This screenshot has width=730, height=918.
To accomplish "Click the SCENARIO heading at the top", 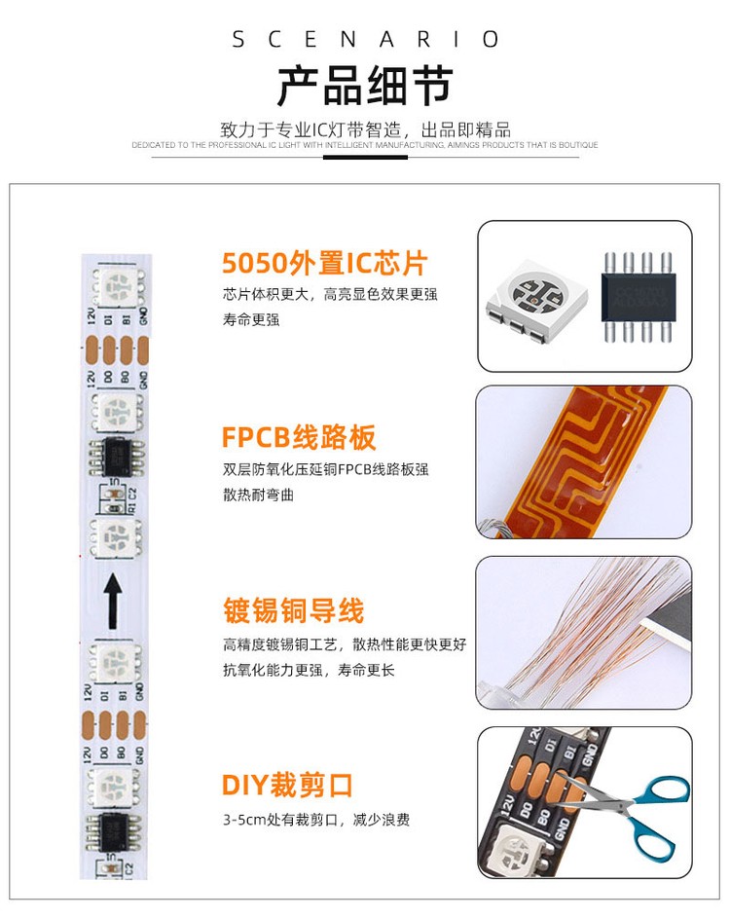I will point(365,40).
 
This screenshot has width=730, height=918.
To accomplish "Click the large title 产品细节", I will point(365,87).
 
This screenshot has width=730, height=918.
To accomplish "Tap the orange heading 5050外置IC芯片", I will point(324,263).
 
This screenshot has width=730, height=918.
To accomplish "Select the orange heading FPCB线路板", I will point(299,437).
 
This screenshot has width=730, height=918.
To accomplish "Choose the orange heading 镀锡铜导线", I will point(292,611).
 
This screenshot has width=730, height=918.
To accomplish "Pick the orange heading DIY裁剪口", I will point(287,785).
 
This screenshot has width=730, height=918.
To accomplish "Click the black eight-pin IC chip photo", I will point(639,291).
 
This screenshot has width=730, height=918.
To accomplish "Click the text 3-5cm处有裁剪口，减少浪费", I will point(316,820).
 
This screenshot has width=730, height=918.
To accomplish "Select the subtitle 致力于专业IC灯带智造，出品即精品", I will point(365,129).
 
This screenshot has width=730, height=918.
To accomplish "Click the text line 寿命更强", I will point(251,319).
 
